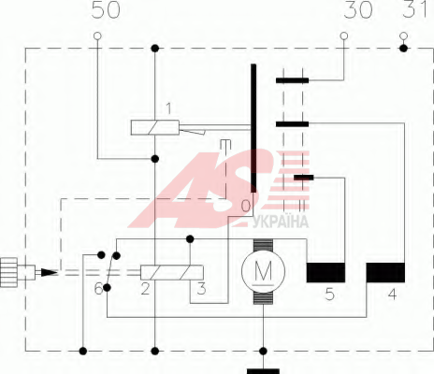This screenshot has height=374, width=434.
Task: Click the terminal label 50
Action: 106,10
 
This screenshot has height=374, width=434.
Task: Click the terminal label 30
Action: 358,10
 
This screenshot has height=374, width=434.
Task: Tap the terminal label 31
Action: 414,8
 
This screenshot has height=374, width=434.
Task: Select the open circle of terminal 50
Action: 97,36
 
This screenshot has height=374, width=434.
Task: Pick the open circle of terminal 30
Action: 344,36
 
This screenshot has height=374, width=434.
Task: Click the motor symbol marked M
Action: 263,271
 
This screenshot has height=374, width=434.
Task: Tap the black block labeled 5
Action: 325,272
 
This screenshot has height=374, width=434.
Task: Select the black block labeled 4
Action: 385,272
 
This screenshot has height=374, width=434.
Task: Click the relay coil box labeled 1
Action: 155,127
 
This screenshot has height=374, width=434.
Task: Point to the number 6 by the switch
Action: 98,289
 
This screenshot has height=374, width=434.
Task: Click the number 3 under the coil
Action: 202,289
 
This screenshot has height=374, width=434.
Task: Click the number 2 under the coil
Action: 145,289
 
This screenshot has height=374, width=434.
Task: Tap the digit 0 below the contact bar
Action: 246,206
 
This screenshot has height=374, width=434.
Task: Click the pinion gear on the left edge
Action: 8,272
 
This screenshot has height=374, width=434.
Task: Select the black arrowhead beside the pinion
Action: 49,273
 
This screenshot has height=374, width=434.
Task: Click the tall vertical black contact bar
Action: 253,128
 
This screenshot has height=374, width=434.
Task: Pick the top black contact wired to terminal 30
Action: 292,80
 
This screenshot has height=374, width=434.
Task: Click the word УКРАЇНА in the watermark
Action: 281,222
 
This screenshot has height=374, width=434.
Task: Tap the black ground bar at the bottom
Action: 263,371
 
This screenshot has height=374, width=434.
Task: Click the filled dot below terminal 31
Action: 404,49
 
